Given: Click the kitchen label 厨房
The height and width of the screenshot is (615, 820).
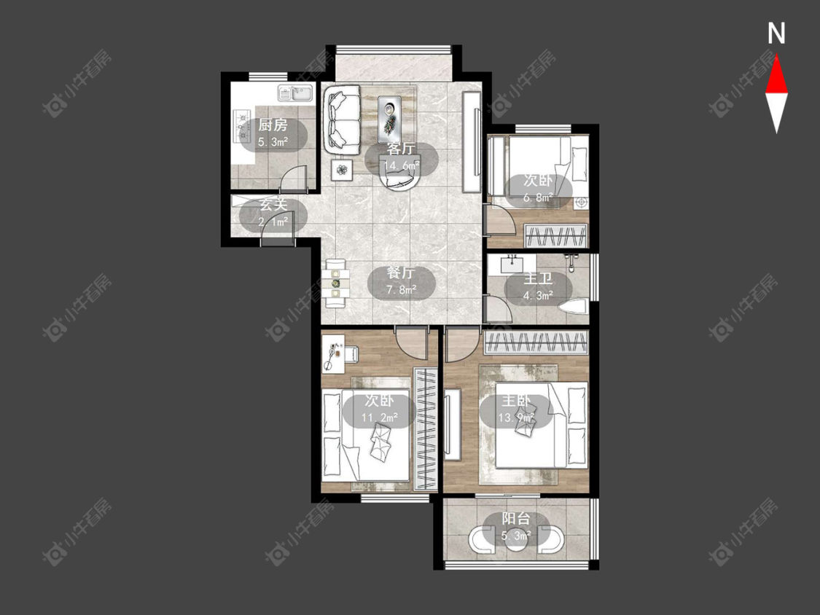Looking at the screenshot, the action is point(273,125).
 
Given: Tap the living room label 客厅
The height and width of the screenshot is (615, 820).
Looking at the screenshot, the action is point(401,149).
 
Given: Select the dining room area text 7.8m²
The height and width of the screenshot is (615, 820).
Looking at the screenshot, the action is point(401,289).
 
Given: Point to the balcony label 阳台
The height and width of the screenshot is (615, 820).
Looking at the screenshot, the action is point(516,519).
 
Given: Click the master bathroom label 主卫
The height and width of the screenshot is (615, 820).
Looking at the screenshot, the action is point(538,279).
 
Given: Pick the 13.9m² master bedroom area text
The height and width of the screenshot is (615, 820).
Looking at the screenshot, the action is point(516,418).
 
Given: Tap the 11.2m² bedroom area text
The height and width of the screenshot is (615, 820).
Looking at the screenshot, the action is point(379,418).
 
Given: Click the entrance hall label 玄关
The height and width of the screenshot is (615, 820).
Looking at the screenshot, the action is point(273,205).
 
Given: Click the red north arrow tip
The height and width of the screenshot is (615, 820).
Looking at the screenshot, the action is point(776,56).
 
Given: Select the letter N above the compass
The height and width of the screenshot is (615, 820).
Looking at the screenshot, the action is point(776,34).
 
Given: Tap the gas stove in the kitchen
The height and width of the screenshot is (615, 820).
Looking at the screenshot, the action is point(242,126).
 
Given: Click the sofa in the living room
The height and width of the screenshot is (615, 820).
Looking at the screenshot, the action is point(342,120).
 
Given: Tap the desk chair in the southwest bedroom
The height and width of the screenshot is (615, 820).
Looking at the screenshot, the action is point(349,354).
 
